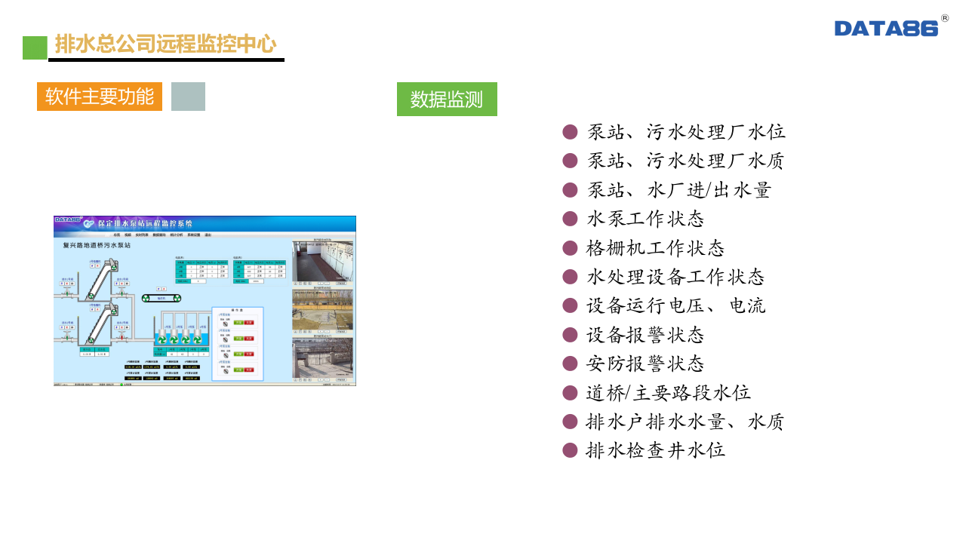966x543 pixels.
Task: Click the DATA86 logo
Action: point(887,28)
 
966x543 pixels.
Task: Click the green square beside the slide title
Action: point(35,48)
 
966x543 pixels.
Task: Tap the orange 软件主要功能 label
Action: point(100,97)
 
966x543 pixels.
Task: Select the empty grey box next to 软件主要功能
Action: point(188,97)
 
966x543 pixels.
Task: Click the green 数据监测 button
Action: point(447,99)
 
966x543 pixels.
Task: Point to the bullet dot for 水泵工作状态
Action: point(570,219)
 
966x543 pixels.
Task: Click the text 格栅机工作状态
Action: point(655,248)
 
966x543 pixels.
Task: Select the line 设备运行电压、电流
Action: point(676,305)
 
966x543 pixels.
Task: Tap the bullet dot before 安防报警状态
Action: point(570,364)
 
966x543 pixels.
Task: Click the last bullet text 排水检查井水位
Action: point(655,450)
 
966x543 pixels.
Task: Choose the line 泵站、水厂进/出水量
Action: point(679,190)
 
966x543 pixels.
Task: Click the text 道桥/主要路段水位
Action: point(669,393)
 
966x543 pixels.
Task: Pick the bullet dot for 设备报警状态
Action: point(570,335)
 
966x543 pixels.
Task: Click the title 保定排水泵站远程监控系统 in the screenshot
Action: point(145,223)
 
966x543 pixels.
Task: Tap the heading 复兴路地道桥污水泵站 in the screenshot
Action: point(97,246)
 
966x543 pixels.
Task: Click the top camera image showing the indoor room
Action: point(323,262)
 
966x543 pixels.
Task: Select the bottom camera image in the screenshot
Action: point(323,357)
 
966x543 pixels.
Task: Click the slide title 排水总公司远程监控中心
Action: point(165,44)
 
